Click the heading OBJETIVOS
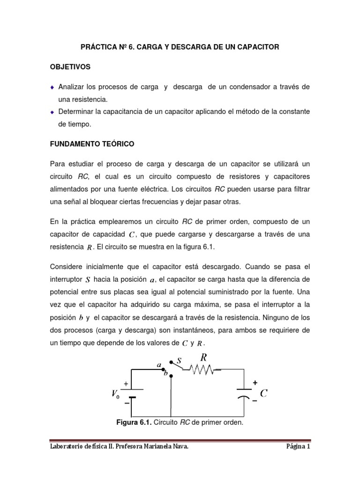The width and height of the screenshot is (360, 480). click(x=70, y=67)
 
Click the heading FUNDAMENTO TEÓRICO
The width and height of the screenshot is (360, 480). click(x=92, y=144)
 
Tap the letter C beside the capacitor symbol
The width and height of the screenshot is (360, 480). click(x=263, y=393)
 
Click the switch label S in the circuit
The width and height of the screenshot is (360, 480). click(x=179, y=360)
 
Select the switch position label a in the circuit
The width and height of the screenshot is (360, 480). click(x=159, y=364)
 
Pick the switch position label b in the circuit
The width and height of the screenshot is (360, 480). click(x=165, y=374)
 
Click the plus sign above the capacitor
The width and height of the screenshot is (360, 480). click(x=255, y=382)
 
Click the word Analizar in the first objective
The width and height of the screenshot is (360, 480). click(x=72, y=87)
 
